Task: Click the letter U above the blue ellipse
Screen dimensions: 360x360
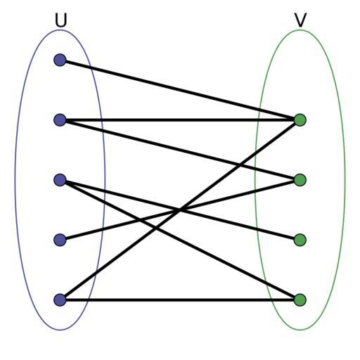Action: click(61, 20)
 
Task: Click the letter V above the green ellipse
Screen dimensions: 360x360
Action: click(300, 20)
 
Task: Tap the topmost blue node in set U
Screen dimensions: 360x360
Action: click(60, 60)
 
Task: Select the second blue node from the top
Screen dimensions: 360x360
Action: click(60, 120)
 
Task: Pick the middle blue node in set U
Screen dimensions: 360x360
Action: click(60, 180)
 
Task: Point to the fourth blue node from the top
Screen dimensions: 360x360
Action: click(60, 240)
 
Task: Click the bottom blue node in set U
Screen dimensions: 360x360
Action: click(60, 300)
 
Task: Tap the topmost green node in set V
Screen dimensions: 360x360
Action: click(300, 120)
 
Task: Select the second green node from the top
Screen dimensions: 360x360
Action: click(300, 180)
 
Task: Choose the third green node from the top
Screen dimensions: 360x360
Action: click(300, 240)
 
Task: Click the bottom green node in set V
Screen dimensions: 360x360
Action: click(300, 300)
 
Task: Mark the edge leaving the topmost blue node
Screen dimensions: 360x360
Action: click(180, 90)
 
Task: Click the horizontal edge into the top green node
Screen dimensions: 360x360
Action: click(180, 120)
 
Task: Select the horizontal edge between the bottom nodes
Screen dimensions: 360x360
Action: click(180, 300)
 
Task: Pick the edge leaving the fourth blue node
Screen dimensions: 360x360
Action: click(180, 210)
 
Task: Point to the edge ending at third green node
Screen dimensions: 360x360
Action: click(180, 210)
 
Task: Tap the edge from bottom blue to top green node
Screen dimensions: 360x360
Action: click(180, 210)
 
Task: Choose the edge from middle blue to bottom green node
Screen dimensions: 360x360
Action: click(180, 240)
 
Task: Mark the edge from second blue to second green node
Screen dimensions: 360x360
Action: click(180, 150)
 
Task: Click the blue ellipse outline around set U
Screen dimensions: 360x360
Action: click(15, 180)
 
